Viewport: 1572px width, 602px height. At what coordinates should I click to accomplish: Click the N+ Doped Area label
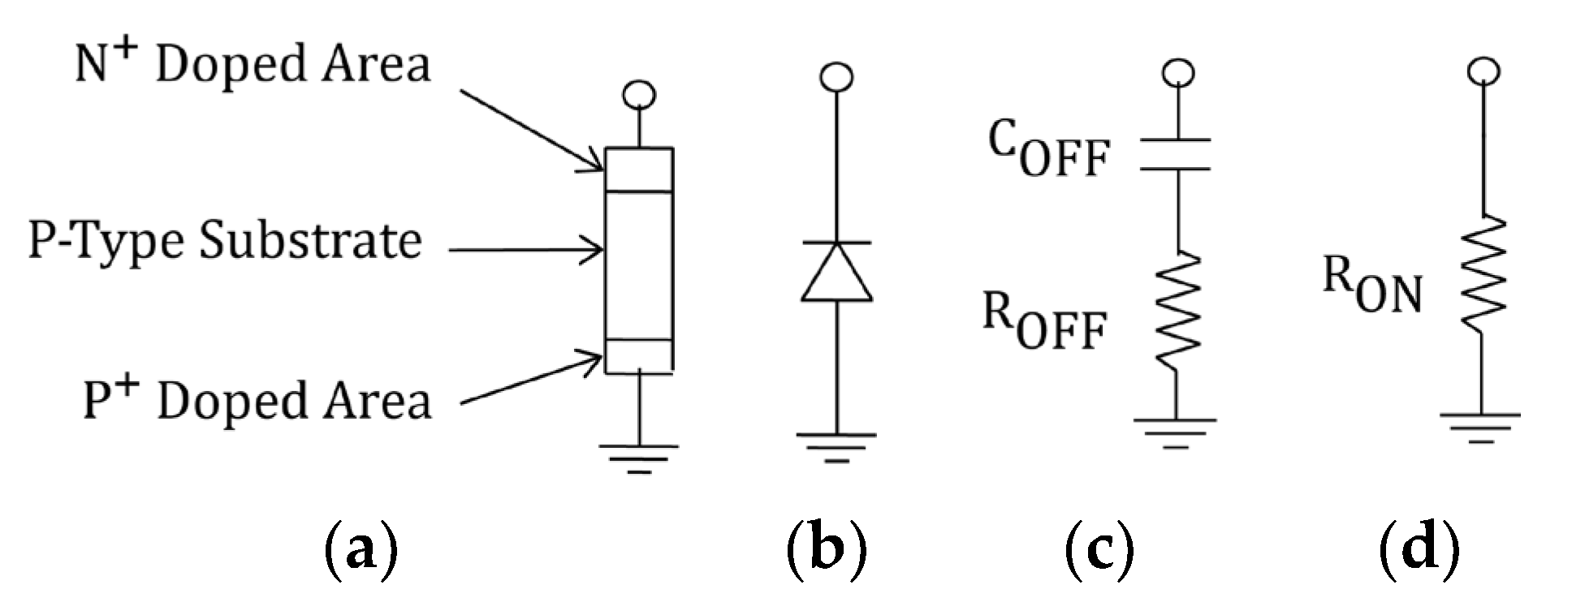tap(253, 65)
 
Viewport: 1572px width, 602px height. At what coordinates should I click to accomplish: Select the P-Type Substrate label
tap(225, 241)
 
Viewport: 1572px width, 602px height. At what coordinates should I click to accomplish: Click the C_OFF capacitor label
tap(1047, 153)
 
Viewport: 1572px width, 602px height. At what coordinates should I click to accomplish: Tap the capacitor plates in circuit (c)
tap(1175, 154)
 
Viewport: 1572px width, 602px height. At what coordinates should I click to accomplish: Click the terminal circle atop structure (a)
tap(639, 96)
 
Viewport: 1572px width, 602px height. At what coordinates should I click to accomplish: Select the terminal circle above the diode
tap(836, 77)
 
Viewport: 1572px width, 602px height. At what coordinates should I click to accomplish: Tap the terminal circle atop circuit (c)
tap(1177, 74)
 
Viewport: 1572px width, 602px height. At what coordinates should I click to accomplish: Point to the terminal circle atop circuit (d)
tap(1483, 71)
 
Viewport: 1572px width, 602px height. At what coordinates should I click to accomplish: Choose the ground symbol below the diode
tap(836, 447)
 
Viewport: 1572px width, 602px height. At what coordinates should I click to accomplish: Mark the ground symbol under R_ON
tap(1481, 427)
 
